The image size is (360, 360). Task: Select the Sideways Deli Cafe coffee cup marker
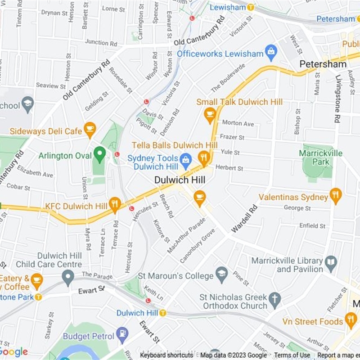(x=90, y=130)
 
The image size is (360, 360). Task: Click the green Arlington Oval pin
(x=99, y=155)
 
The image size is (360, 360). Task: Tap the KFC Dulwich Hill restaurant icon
(x=115, y=205)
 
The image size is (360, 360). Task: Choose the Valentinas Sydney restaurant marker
(x=335, y=196)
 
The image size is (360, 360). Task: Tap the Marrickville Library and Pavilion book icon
(x=331, y=263)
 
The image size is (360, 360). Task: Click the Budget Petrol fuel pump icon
(x=122, y=334)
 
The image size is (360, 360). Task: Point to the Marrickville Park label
(x=320, y=157)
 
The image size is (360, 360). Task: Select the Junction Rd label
(x=101, y=42)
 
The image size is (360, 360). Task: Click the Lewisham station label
(x=227, y=7)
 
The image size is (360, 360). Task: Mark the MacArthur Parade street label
(x=186, y=235)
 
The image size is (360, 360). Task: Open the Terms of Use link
(x=292, y=355)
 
